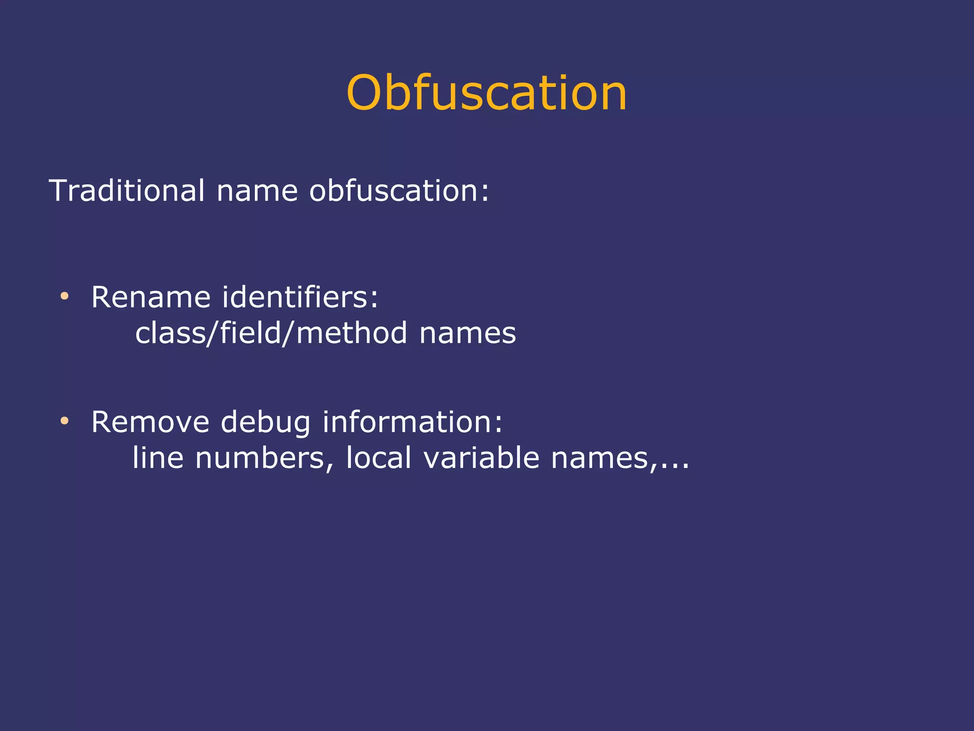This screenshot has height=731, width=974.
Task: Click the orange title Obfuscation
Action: [487, 93]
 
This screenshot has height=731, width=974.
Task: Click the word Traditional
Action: [127, 191]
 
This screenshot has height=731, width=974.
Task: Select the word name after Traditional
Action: [257, 191]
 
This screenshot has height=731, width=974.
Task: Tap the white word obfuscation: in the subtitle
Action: [399, 191]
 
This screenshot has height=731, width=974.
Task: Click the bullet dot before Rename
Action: [65, 296]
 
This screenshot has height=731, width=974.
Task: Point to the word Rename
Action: [151, 297]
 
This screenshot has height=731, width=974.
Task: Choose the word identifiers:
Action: [301, 297]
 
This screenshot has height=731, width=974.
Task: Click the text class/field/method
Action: [271, 332]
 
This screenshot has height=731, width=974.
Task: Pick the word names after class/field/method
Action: [468, 333]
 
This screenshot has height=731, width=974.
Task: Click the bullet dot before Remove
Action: [65, 420]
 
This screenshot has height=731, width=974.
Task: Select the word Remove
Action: [150, 422]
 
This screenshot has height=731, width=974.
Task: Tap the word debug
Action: [265, 423]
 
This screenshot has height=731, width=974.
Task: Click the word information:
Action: [412, 422]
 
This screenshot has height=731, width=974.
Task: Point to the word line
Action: [158, 458]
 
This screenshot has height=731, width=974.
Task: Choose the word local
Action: [379, 458]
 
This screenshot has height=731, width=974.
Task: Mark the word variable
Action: [481, 458]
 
